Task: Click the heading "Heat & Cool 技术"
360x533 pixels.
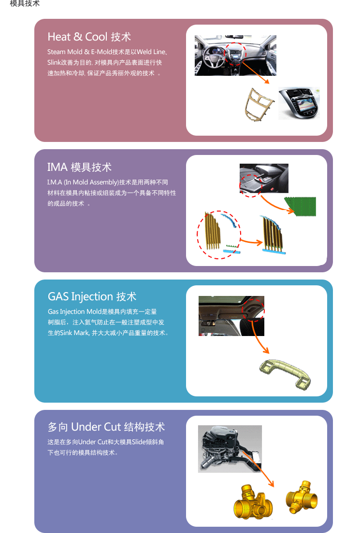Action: tap(89, 37)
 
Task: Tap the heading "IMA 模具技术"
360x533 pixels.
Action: tap(79, 167)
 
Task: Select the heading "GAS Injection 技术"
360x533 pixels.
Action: tap(92, 296)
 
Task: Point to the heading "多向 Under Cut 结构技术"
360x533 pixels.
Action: tap(106, 427)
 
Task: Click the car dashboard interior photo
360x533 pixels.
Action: tap(235, 56)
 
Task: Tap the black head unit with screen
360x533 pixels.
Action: tap(299, 103)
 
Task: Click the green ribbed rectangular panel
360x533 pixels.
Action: tap(300, 206)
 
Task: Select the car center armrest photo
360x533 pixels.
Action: tap(264, 179)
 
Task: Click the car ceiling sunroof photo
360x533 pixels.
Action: tap(231, 316)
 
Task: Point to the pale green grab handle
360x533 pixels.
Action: tap(285, 374)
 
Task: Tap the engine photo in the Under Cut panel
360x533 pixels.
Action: tap(230, 449)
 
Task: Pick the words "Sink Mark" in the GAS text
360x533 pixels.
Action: tap(74, 333)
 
